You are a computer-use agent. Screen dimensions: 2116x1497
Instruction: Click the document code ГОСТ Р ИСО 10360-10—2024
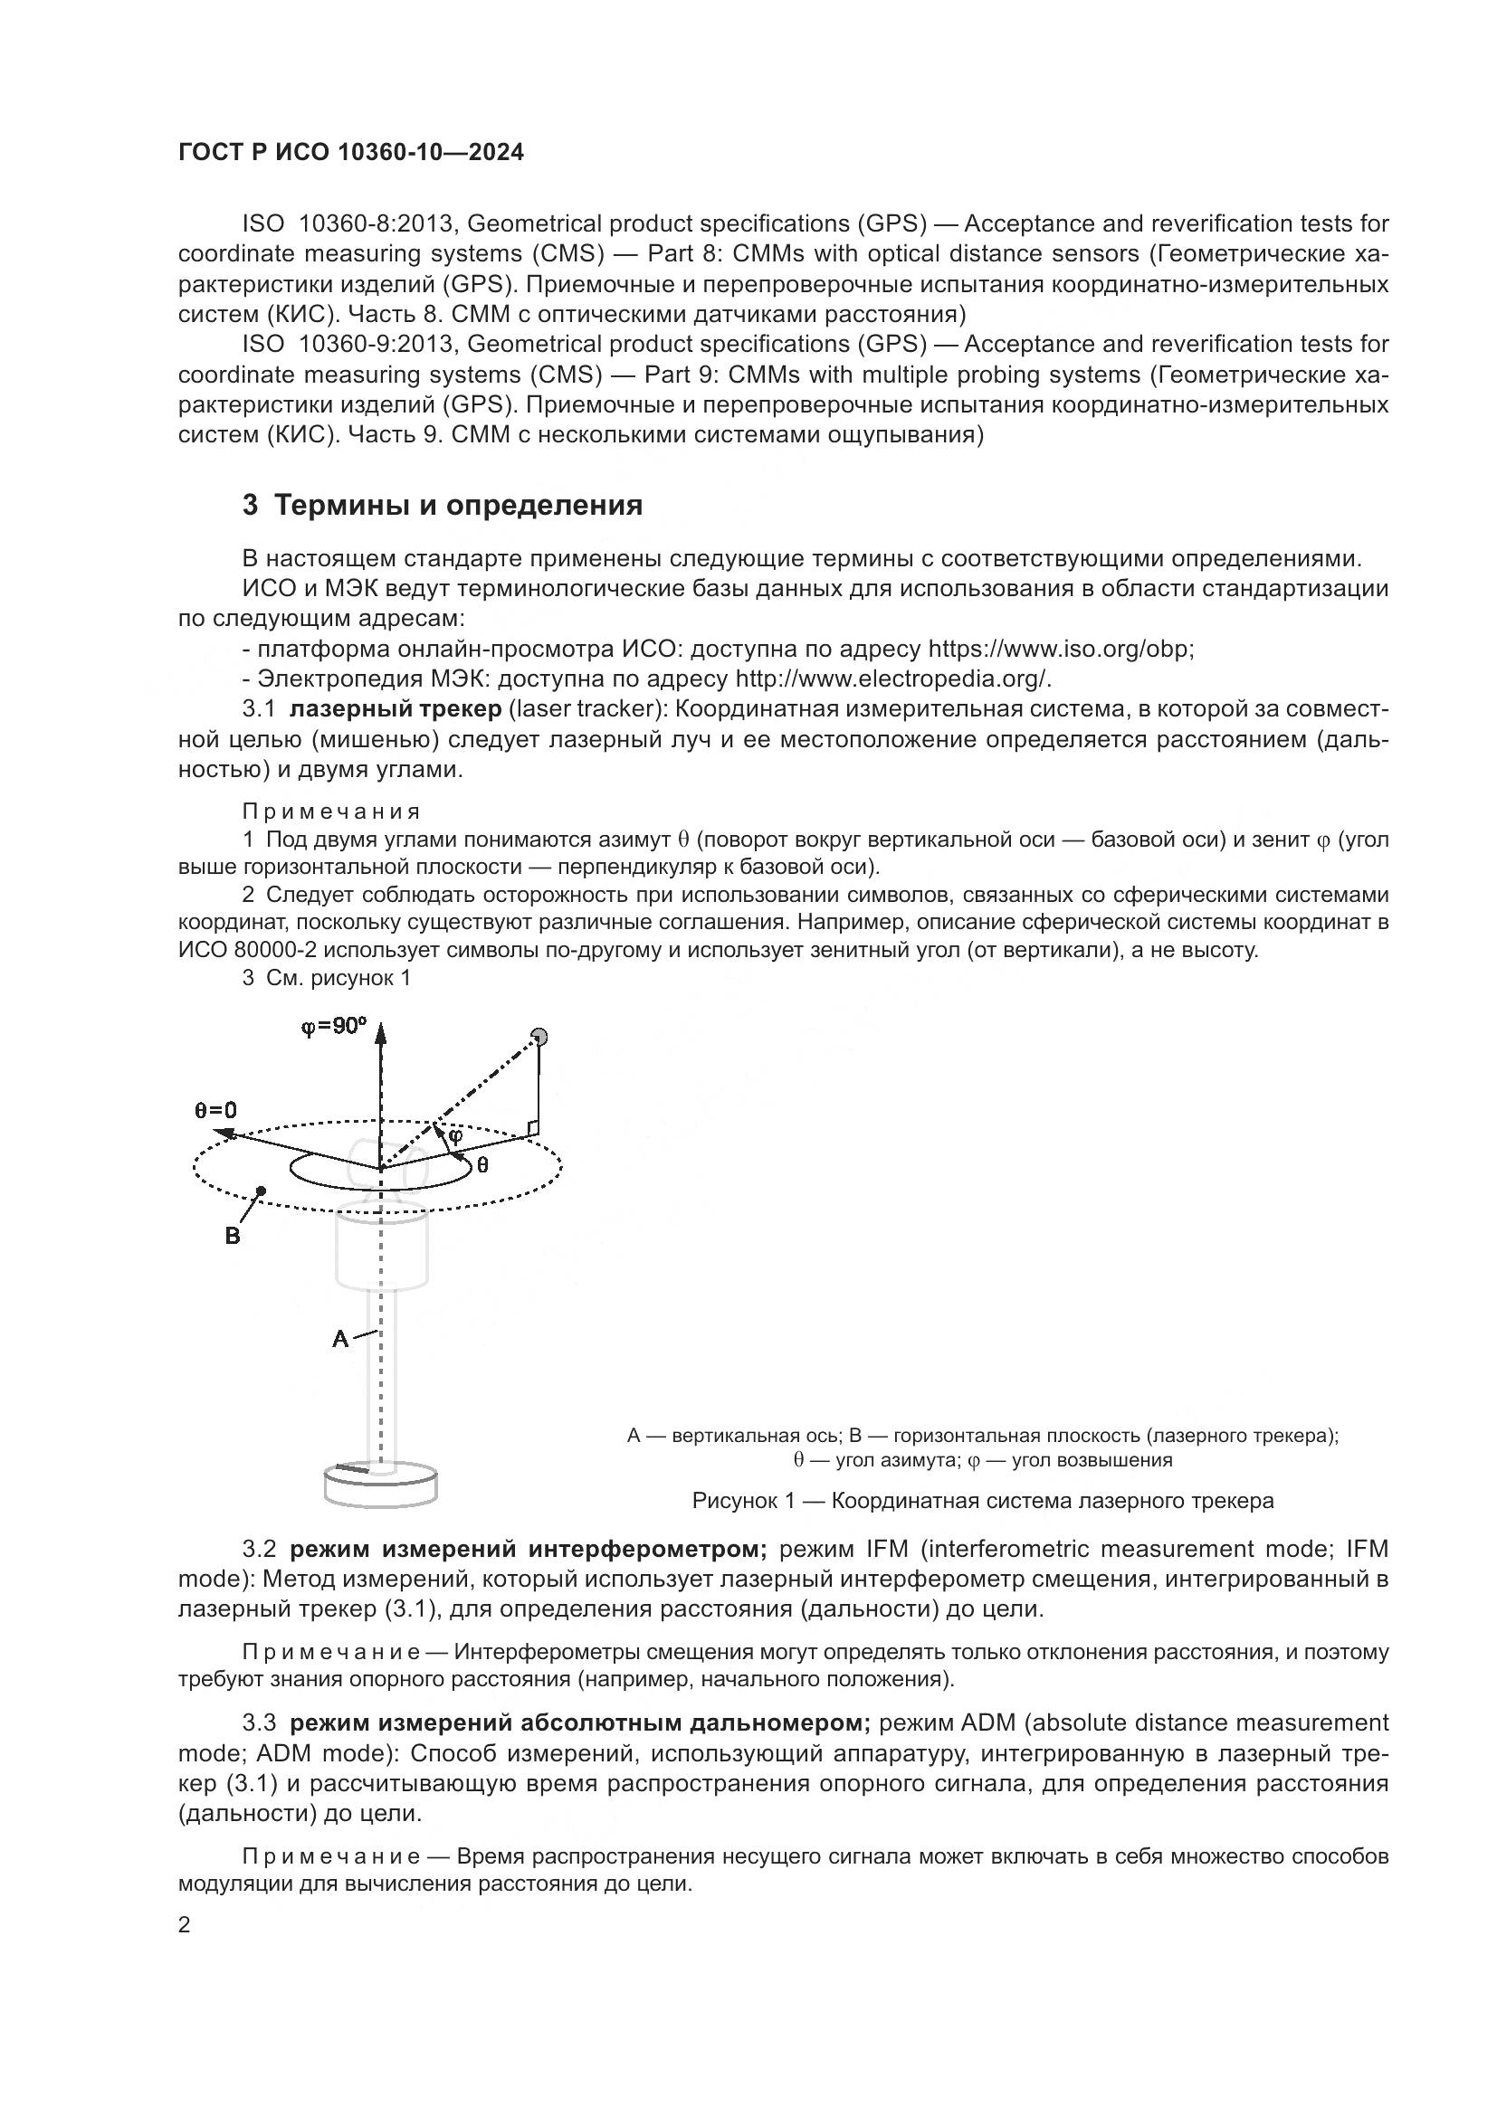click(351, 153)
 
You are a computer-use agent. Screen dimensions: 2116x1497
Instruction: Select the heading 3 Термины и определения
click(443, 506)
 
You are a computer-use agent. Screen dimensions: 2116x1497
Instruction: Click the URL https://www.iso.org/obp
click(1060, 649)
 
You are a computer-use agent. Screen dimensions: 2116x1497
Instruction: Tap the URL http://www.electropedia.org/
click(892, 679)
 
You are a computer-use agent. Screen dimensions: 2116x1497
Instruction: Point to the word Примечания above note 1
click(331, 811)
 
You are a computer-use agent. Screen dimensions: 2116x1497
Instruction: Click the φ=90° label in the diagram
click(334, 1026)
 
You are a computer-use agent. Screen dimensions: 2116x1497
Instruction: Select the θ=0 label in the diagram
click(215, 1111)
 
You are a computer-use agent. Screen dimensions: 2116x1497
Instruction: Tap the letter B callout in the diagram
click(233, 1236)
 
